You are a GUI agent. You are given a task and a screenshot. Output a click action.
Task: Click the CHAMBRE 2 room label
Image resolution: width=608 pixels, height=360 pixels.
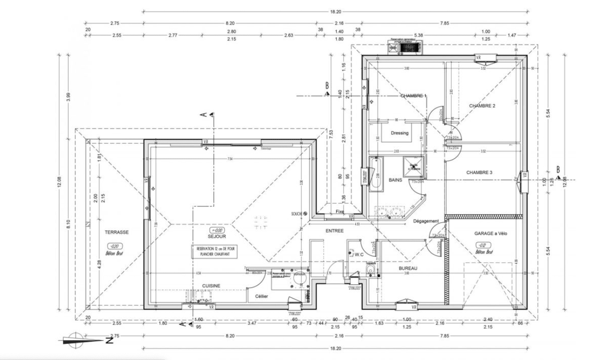(482, 106)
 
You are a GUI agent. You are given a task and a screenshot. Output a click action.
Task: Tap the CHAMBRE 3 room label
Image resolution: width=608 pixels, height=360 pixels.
(479, 172)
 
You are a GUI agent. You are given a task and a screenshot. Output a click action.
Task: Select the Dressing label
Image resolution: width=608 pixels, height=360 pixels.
(399, 133)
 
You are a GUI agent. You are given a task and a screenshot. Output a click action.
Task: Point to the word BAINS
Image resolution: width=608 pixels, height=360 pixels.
(395, 180)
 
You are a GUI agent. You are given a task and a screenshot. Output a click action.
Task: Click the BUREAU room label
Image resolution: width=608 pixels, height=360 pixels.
(408, 268)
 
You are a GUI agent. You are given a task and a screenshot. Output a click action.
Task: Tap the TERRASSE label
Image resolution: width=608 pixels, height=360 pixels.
(117, 232)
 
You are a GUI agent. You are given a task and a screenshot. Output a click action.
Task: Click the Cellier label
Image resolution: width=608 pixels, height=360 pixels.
(258, 295)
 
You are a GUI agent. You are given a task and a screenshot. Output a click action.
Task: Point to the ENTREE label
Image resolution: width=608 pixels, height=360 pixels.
(334, 231)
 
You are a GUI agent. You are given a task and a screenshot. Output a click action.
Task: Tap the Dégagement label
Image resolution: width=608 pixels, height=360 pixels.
(425, 221)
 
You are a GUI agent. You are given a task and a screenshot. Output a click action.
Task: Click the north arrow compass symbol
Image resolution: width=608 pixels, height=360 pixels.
(74, 340)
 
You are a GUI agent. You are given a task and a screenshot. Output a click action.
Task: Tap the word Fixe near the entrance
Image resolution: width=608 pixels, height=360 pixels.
(340, 212)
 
